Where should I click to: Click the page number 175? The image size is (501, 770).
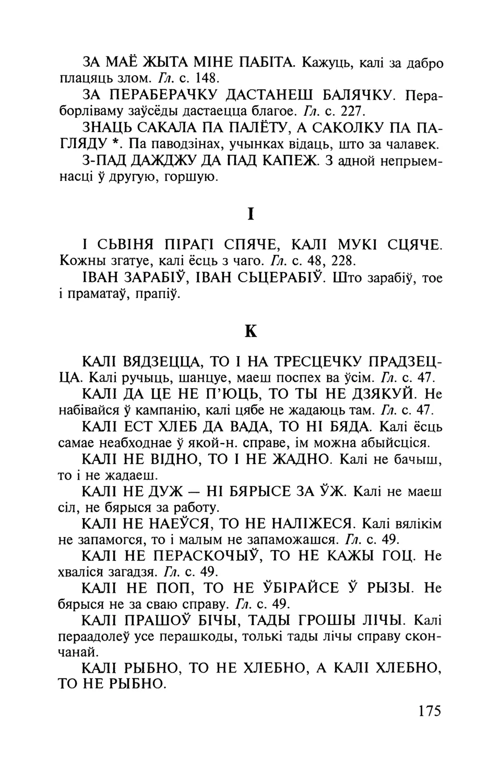(x=430, y=711)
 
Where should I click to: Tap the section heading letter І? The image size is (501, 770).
(x=251, y=214)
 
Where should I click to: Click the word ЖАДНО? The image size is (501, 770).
(x=297, y=460)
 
